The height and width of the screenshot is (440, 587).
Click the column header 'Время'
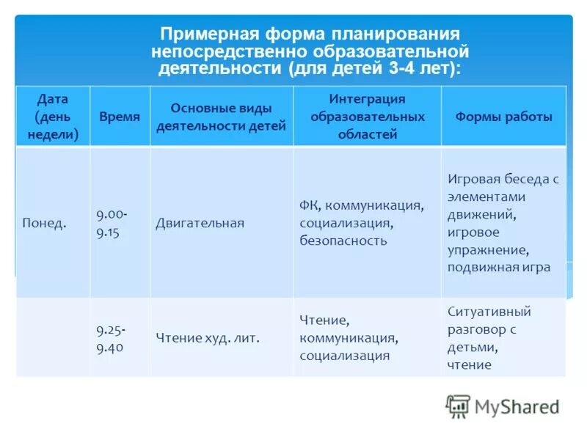[x=120, y=117]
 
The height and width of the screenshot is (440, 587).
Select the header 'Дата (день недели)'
[x=53, y=117]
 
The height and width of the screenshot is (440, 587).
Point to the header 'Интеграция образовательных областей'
[x=367, y=117]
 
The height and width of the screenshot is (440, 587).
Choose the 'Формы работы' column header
[x=503, y=117]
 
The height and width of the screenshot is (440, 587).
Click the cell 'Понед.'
[x=44, y=223]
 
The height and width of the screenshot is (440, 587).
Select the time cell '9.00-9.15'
[x=112, y=223]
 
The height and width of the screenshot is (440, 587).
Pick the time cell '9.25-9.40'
[x=110, y=337]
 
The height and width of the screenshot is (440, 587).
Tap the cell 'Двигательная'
[x=200, y=223]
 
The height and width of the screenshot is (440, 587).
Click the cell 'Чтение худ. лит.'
[x=208, y=338]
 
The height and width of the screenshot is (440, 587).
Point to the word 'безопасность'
[x=343, y=241]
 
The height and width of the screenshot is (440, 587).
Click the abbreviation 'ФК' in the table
[x=308, y=205]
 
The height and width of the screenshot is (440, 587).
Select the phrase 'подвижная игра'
[x=498, y=267]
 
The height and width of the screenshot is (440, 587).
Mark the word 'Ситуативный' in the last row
[x=489, y=312]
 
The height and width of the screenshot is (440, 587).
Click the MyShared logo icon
[x=458, y=406]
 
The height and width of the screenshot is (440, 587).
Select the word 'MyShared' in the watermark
[x=517, y=406]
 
